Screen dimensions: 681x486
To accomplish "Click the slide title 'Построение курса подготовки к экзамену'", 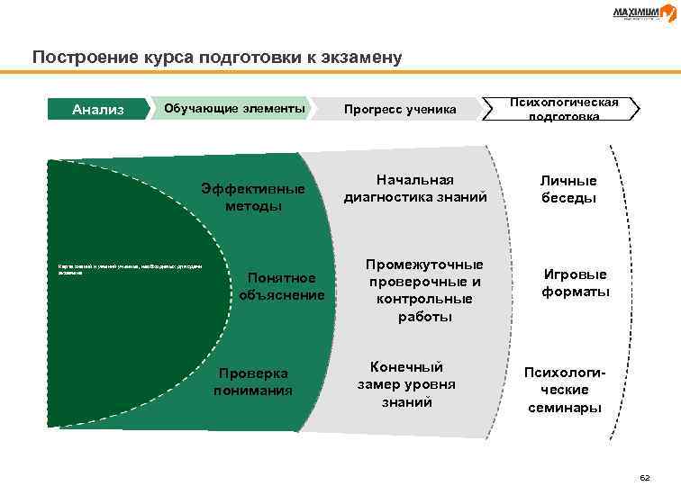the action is coord(216,58).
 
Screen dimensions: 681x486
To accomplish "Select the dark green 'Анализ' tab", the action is coord(98,110).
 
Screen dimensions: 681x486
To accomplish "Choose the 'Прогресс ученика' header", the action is coord(400,110).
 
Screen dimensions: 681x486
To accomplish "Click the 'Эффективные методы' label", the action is coord(253,197).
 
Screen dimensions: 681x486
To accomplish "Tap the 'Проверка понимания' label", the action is coord(253,381).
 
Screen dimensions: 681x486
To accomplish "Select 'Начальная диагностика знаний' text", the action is coord(414,188).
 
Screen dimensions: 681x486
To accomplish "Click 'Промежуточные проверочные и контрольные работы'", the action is coord(423,291).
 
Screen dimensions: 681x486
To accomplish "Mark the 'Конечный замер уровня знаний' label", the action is coord(406,384).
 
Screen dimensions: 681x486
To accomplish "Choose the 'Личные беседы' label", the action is coord(568,189).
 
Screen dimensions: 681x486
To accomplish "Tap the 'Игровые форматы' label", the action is coord(576,283).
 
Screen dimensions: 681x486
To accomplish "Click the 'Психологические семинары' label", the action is coord(566,389).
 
